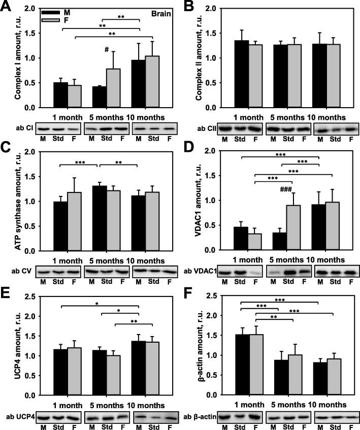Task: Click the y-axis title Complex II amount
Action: pyautogui.click(x=194, y=57)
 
